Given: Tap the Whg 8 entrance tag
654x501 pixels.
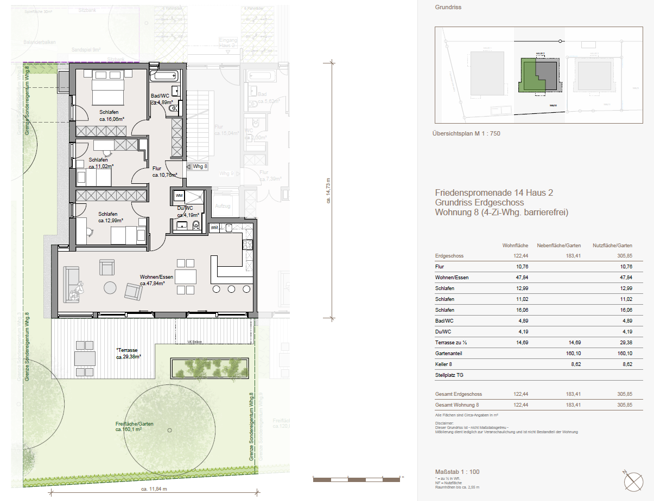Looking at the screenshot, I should [199, 166].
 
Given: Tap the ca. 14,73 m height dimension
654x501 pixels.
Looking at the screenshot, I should [328, 189].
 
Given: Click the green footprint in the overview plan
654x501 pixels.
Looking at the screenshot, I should [528, 76].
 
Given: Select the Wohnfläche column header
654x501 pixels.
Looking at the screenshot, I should [515, 246].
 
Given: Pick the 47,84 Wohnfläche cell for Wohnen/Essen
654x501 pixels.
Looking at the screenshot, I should [522, 278].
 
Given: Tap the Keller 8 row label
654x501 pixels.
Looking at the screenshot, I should [443, 364].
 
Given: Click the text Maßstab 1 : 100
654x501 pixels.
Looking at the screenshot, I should [457, 472].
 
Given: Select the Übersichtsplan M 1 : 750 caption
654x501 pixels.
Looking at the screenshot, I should [466, 133].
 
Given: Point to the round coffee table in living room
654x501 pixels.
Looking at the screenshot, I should [111, 287].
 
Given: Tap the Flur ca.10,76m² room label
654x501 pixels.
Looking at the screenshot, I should [164, 172].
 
